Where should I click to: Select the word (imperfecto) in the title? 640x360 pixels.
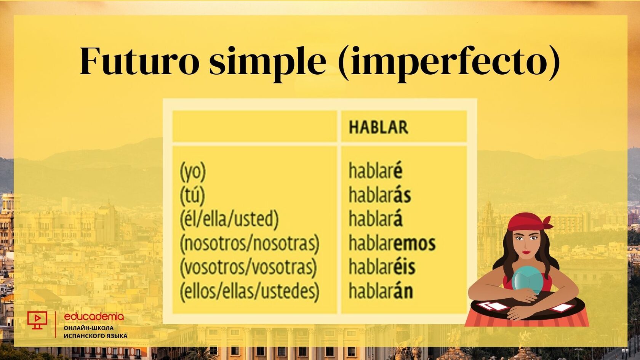(448, 63)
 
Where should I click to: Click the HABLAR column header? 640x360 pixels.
(379, 127)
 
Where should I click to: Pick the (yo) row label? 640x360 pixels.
(193, 172)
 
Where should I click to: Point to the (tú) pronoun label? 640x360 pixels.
(192, 195)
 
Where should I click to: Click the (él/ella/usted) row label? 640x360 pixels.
(229, 219)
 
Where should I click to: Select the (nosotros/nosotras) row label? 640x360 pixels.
(250, 244)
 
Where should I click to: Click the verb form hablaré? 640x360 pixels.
(376, 171)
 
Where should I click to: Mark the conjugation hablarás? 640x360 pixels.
(380, 195)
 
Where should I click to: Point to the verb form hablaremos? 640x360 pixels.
(392, 243)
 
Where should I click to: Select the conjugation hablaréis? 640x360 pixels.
(382, 267)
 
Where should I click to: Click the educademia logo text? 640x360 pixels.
(94, 317)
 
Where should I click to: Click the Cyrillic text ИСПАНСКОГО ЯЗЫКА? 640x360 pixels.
(96, 336)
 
